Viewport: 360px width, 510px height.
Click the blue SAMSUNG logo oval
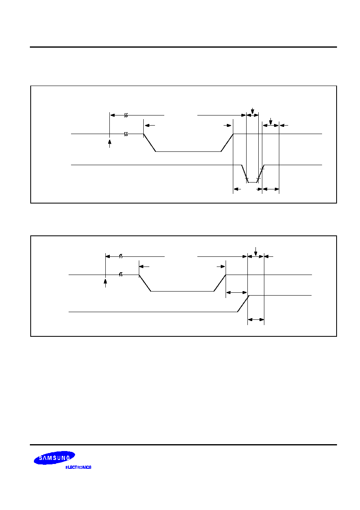pos(54,458)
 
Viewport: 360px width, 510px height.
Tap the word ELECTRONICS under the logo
pos(78,467)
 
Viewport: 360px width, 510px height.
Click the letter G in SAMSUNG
pos(68,457)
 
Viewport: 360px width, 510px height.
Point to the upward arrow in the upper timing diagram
pos(109,144)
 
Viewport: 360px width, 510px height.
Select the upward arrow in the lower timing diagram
pos(105,283)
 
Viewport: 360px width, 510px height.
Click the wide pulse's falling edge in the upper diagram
pos(149,143)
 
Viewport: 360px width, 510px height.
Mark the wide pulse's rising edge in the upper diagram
pos(227,143)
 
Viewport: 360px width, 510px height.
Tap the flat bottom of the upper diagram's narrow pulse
pos(252,183)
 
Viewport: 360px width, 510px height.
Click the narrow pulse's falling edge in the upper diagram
pos(245,174)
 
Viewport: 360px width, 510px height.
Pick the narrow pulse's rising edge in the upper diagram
pos(260,174)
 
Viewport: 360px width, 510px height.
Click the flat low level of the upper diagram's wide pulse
pos(188,151)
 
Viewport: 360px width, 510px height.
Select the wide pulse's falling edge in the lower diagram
pos(145,283)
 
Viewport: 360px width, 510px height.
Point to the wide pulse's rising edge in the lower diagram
pos(220,283)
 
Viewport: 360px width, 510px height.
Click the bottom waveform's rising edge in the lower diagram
pos(243,304)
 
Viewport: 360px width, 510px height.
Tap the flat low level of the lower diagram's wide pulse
pos(182,291)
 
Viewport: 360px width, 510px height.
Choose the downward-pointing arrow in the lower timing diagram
pos(255,251)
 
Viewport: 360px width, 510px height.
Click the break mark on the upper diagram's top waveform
pos(126,134)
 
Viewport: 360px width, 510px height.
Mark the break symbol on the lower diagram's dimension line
pos(121,256)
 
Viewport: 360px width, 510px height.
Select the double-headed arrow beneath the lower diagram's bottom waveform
pos(256,320)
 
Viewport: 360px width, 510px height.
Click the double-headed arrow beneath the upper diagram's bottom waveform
pos(270,189)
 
